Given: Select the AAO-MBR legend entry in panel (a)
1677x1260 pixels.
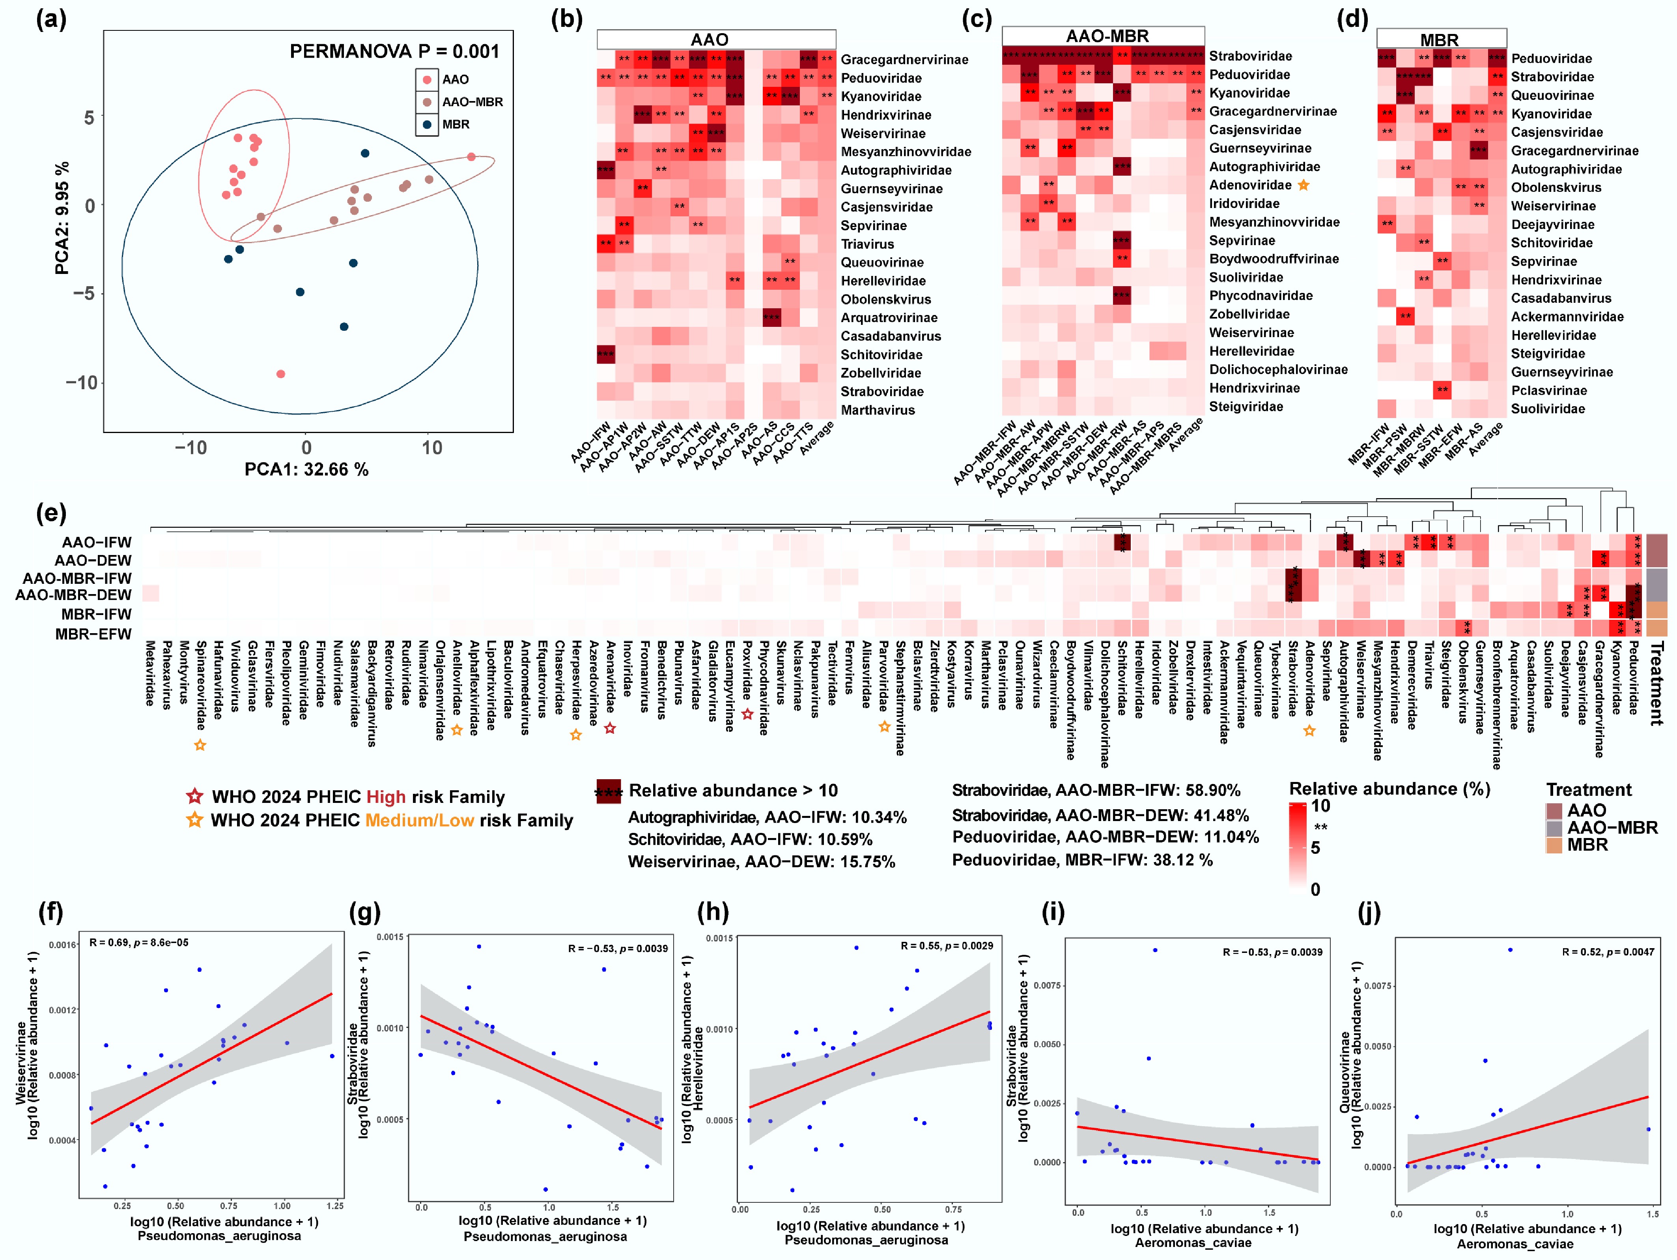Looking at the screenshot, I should click(472, 102).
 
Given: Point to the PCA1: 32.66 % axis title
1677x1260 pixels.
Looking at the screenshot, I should click(306, 470).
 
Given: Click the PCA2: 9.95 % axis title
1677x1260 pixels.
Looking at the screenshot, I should click(62, 218).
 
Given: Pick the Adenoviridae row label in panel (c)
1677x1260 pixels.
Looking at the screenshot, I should click(1250, 185).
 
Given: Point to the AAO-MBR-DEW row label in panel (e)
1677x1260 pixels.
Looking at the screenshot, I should click(73, 595).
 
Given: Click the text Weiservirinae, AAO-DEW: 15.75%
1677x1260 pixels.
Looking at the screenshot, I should click(761, 862).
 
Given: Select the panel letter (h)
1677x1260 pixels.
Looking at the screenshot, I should click(713, 911).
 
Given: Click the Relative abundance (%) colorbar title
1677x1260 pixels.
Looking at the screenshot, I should click(1389, 789).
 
